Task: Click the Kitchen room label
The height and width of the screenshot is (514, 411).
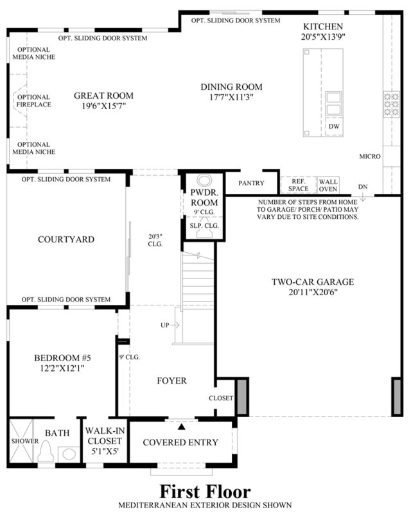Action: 323,26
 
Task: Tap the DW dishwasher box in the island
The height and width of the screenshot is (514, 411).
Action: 334,126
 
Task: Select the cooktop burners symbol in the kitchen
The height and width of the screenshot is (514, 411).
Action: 392,105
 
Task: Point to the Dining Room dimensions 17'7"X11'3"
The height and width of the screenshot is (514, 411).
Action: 231,98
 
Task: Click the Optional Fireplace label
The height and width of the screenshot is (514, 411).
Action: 34,101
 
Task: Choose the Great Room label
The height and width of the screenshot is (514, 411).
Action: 103,96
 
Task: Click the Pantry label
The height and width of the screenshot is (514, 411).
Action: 251,184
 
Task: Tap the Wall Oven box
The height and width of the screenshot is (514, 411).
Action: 328,185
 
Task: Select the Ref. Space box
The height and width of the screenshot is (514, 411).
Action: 298,185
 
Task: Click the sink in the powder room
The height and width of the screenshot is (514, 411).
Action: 205,180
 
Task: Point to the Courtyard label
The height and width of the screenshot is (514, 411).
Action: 66,239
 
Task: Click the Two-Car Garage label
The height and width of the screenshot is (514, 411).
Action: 313,282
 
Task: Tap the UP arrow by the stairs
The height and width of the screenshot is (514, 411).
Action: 175,325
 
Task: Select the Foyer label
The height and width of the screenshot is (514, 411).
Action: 172,381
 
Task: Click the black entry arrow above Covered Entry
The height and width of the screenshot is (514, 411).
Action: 181,427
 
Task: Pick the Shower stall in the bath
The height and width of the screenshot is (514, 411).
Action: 21,441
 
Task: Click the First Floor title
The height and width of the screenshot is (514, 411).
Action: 205,492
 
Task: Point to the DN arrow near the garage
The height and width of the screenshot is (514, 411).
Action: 363,198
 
